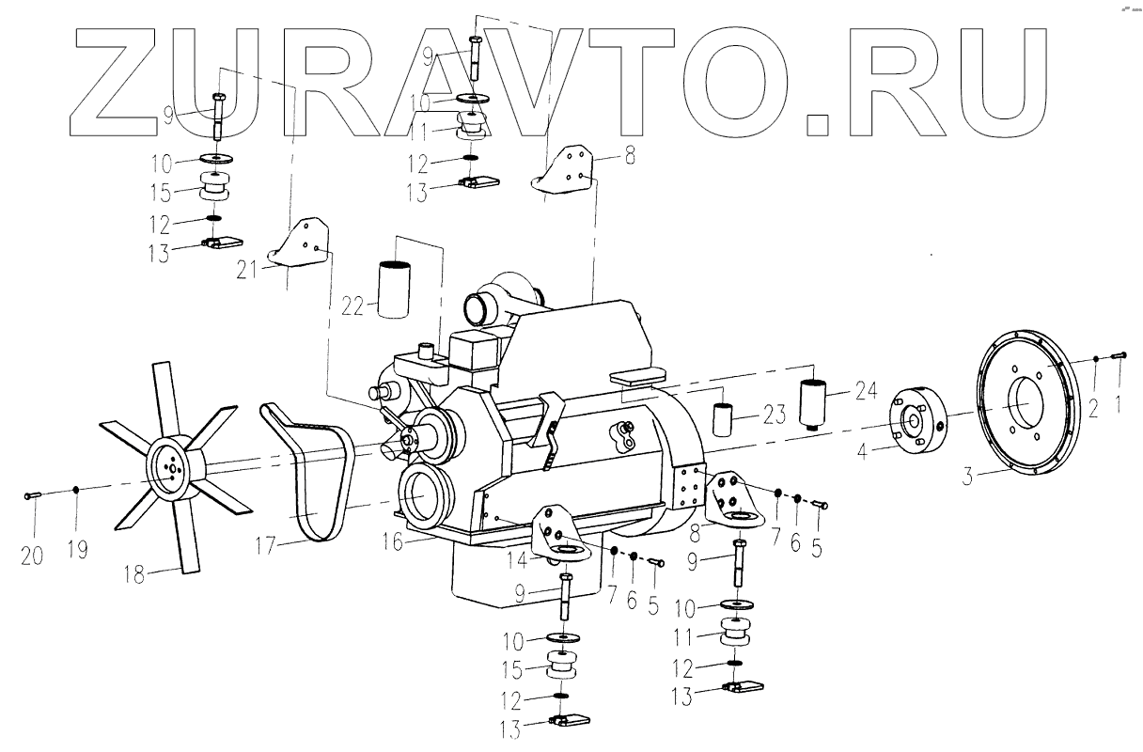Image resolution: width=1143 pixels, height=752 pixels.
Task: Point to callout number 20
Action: (32, 555)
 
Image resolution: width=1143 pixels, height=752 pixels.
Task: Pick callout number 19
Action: (78, 549)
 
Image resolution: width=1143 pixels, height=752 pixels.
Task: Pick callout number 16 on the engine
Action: (391, 542)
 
